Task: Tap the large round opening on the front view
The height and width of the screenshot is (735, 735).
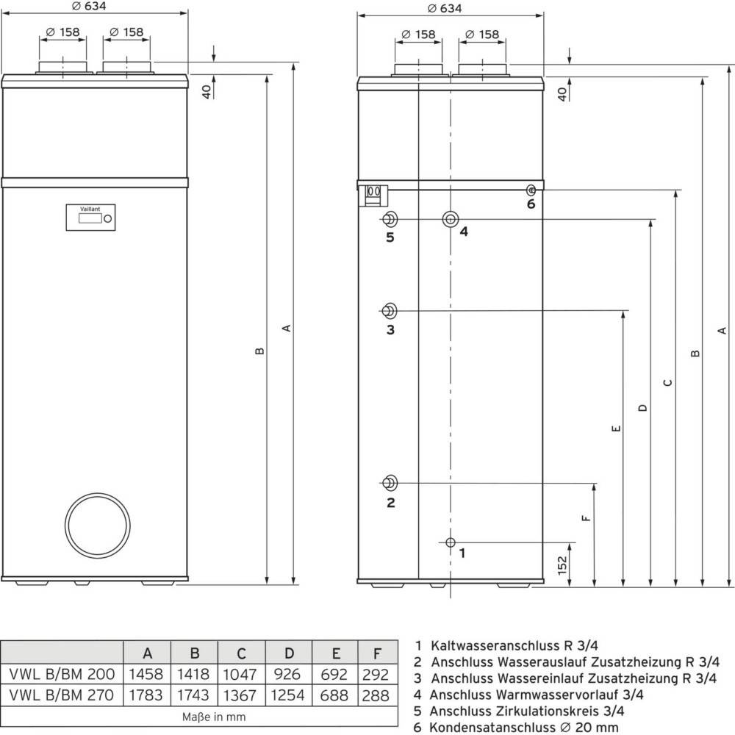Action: (98, 525)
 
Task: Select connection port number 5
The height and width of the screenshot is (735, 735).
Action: (390, 219)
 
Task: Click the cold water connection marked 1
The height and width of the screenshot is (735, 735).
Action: (450, 542)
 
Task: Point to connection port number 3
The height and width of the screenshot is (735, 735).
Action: (390, 309)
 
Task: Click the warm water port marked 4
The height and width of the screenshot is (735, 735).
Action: (450, 219)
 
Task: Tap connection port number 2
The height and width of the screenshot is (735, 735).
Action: (390, 483)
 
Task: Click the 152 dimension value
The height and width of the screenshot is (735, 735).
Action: (562, 565)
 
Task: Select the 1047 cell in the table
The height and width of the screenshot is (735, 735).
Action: (241, 674)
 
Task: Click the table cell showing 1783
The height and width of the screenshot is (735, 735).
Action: (147, 695)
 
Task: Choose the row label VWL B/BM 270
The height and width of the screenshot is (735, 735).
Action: (61, 695)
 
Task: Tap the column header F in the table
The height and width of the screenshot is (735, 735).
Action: (377, 653)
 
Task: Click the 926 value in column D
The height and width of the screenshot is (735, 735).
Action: (288, 674)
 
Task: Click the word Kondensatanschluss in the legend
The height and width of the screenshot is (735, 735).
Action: (482, 727)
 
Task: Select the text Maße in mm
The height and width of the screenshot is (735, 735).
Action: (214, 716)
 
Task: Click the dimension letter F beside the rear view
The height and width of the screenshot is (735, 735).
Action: (586, 517)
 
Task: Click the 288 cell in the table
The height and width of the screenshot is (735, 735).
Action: (377, 695)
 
